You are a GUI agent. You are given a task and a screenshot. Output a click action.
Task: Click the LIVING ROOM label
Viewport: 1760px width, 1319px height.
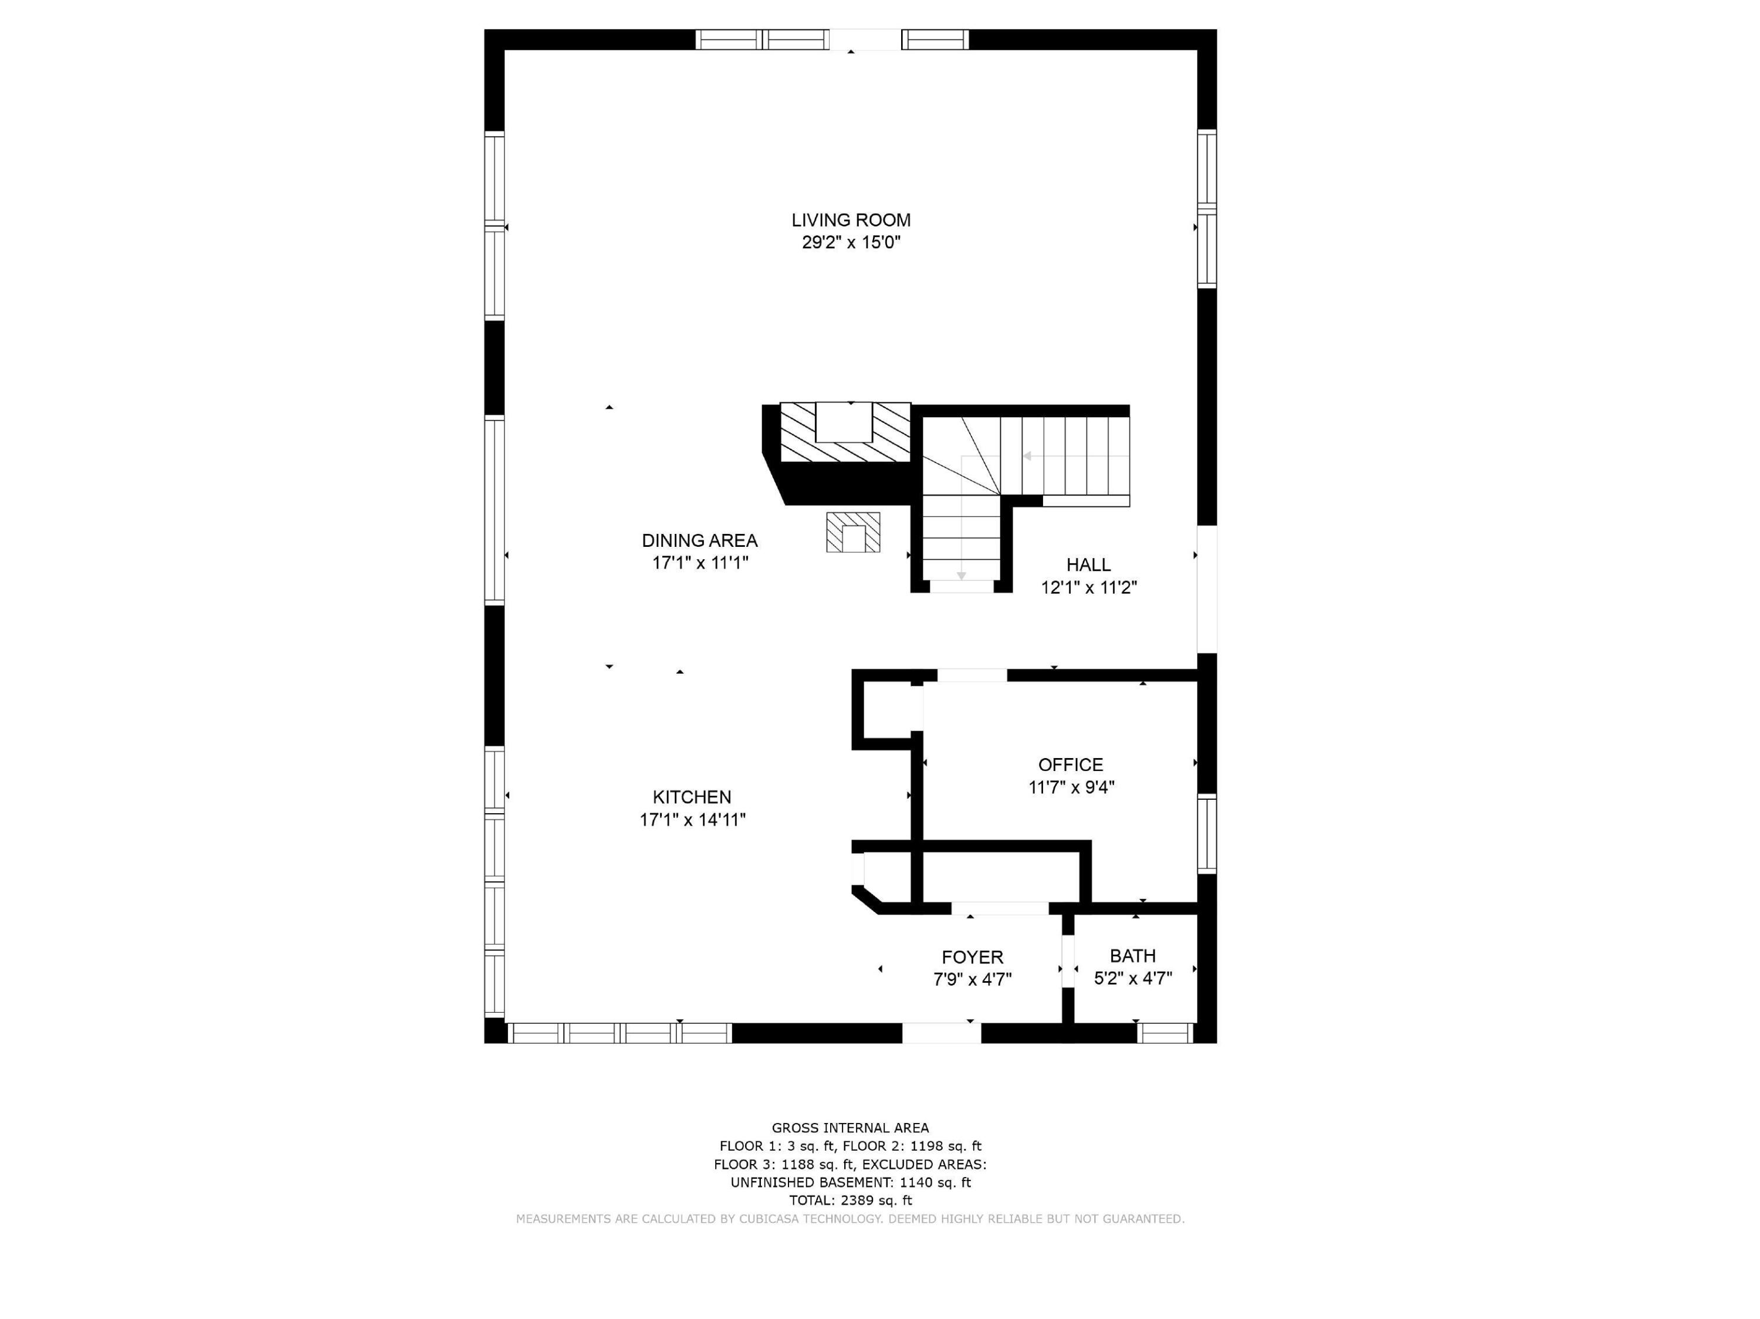point(851,221)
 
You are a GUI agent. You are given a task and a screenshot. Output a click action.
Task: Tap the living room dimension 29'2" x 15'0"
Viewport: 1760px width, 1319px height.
point(851,243)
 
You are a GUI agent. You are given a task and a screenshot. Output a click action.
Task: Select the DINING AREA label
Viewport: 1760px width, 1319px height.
point(699,541)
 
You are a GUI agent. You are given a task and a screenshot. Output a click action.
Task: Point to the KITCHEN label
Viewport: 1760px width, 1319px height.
point(692,797)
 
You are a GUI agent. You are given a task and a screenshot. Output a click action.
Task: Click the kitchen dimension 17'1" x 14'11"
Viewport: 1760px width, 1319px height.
point(692,820)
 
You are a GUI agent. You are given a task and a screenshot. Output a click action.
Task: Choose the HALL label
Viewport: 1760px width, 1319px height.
point(1088,565)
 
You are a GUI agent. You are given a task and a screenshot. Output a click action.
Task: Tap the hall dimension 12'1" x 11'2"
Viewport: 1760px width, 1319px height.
point(1088,588)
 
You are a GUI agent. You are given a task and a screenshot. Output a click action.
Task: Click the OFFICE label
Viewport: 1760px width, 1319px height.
point(1070,765)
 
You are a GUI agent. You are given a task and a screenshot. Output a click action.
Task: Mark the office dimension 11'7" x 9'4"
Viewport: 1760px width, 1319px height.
point(1071,787)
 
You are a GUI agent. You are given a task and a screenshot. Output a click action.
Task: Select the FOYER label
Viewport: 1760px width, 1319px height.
point(972,957)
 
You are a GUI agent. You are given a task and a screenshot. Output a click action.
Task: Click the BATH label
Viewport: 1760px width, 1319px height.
point(1132,956)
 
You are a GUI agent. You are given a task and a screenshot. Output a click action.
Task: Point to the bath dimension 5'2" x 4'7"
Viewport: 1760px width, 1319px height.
point(1133,979)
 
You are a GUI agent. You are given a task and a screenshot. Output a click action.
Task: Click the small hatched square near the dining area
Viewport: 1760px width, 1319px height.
point(853,532)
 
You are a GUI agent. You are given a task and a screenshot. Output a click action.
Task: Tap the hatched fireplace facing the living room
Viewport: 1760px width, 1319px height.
point(845,432)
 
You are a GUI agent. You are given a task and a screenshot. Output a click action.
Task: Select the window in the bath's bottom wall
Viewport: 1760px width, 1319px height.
point(1165,1033)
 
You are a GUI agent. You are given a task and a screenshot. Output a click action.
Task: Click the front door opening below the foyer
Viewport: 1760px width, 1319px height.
point(941,1033)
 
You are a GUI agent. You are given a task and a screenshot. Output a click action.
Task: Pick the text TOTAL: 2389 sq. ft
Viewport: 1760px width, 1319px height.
point(851,1200)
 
